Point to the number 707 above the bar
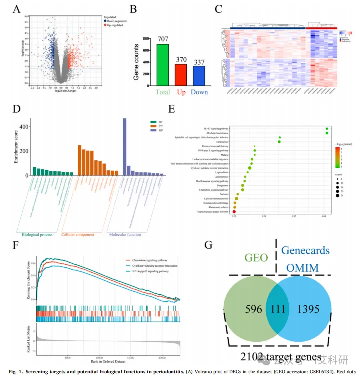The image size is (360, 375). [163, 39]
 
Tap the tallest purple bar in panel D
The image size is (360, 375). [124, 147]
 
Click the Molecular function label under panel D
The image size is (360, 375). [124, 234]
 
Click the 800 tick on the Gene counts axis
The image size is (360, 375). [145, 38]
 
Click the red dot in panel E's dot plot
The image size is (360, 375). [248, 212]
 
